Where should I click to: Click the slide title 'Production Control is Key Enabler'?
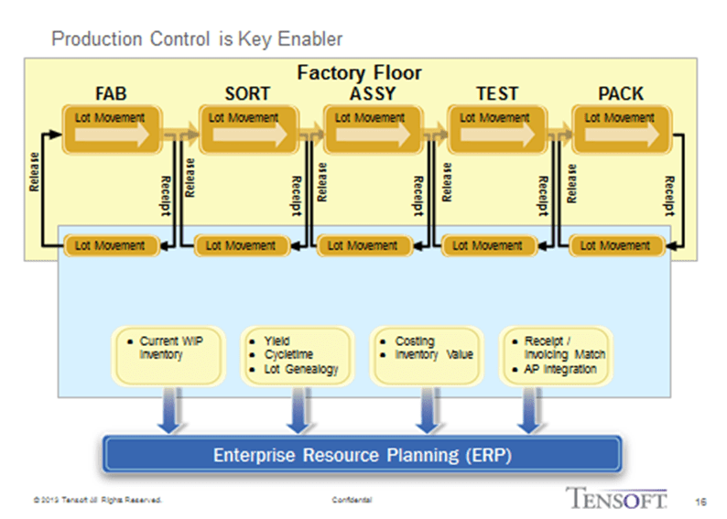click(x=197, y=38)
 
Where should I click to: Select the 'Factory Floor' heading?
click(x=359, y=72)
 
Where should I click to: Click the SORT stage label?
click(x=247, y=93)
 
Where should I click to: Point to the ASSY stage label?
click(x=373, y=93)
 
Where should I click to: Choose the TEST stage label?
click(x=497, y=93)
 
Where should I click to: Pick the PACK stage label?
click(x=620, y=93)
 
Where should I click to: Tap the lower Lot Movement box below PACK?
click(x=615, y=245)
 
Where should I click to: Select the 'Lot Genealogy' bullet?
click(x=299, y=369)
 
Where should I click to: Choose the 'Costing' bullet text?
click(x=414, y=341)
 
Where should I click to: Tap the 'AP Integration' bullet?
click(x=559, y=369)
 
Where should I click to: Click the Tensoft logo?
click(x=614, y=498)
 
